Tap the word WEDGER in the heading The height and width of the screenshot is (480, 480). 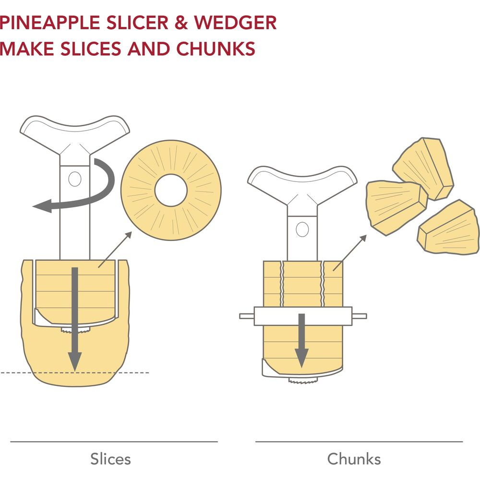coord(235,23)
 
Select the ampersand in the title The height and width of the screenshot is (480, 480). coord(181,23)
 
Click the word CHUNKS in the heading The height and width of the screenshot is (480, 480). coord(216,48)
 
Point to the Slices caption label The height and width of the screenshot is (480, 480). coord(110,459)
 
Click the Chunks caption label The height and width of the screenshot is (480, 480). coord(354,459)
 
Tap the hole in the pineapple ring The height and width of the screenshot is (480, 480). coord(171,190)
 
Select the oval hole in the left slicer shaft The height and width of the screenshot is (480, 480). coord(75,179)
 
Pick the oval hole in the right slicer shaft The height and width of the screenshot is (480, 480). coord(302,229)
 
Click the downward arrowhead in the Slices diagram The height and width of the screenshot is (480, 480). coord(75,361)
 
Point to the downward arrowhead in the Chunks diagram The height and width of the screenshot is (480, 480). coord(302,358)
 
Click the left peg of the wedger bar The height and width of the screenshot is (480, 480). coord(247,316)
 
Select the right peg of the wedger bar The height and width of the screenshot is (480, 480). coord(360,316)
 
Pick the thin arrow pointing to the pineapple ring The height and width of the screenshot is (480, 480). coord(115,250)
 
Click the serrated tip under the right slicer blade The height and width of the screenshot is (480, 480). coord(303,381)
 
